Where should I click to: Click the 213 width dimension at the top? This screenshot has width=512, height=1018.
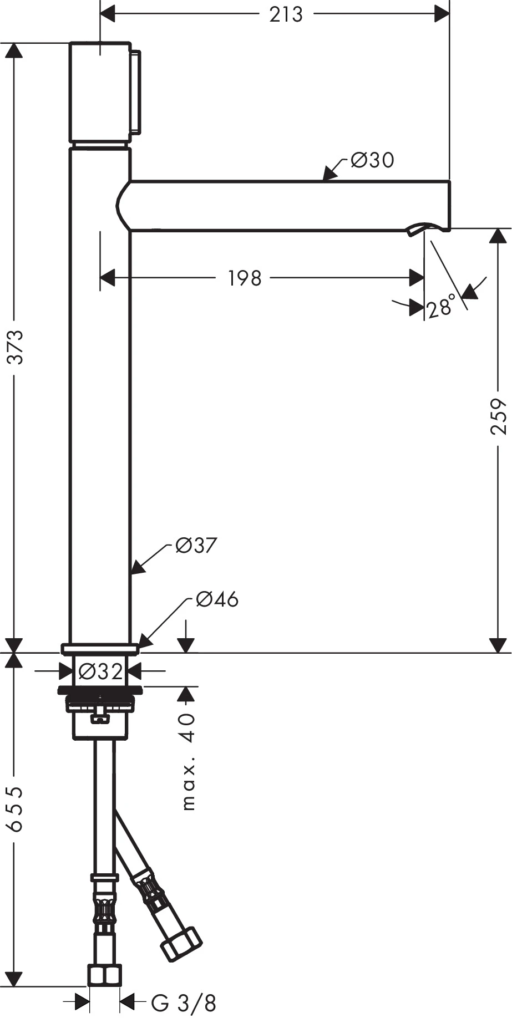(286, 14)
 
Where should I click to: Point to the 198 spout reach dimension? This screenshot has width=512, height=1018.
(245, 278)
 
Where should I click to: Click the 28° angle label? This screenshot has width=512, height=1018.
(441, 306)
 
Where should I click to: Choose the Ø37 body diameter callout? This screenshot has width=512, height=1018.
(195, 546)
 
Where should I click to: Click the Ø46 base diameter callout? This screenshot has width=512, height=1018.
(217, 599)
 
